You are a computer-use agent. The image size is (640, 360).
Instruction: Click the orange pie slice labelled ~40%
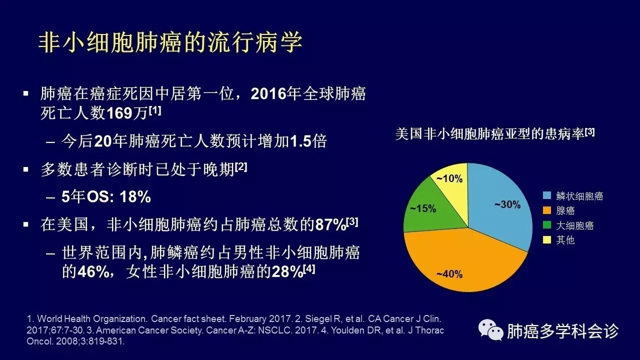463,263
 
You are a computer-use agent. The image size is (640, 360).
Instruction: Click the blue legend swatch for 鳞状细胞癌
547,195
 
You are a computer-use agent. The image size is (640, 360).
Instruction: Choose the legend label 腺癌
565,211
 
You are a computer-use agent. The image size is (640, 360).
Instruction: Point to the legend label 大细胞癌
575,225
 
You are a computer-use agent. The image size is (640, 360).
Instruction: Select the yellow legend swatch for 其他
547,239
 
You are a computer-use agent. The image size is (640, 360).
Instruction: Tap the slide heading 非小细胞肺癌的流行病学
170,42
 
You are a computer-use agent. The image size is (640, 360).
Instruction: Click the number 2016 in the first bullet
268,93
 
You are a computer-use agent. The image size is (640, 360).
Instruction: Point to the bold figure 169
119,113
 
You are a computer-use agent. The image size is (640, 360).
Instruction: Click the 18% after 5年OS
135,197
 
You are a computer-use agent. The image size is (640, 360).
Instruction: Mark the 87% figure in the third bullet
331,225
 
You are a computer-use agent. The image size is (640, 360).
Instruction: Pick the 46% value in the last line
93,271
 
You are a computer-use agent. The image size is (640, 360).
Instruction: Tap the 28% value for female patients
287,271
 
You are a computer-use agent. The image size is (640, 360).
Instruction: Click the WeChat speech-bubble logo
491,330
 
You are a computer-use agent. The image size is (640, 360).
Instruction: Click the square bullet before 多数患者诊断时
26,169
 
